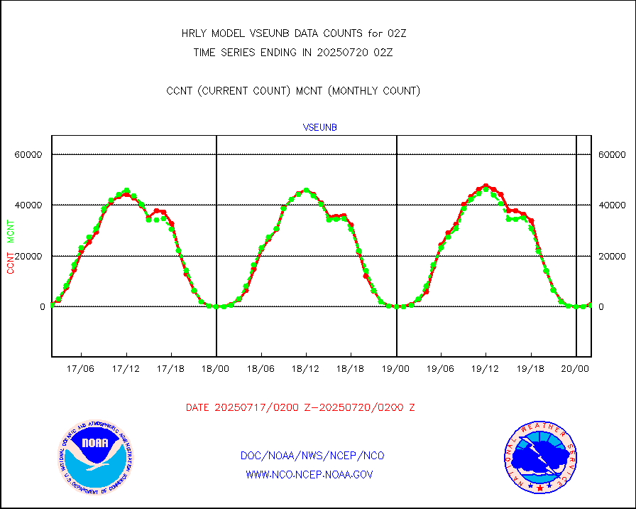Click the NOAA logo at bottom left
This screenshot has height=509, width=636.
(x=95, y=458)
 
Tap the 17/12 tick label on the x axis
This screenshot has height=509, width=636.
(x=126, y=368)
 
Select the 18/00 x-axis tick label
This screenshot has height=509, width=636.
(x=216, y=368)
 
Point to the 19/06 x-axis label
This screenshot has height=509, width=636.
(x=441, y=368)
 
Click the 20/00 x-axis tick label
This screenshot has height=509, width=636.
(x=576, y=368)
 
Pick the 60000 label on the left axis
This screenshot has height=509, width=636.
(x=30, y=154)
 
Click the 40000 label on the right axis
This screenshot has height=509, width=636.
(x=611, y=205)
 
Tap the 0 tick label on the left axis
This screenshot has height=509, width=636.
(x=42, y=307)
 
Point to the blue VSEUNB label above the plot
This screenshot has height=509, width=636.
(x=319, y=127)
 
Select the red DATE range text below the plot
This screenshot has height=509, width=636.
(x=300, y=408)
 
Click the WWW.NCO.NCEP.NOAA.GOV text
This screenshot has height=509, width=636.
(x=309, y=474)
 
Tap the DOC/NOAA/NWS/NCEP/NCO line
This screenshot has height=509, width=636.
(x=312, y=456)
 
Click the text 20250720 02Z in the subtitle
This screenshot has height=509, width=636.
(x=353, y=52)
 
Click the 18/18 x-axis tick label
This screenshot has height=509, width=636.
(x=351, y=368)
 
